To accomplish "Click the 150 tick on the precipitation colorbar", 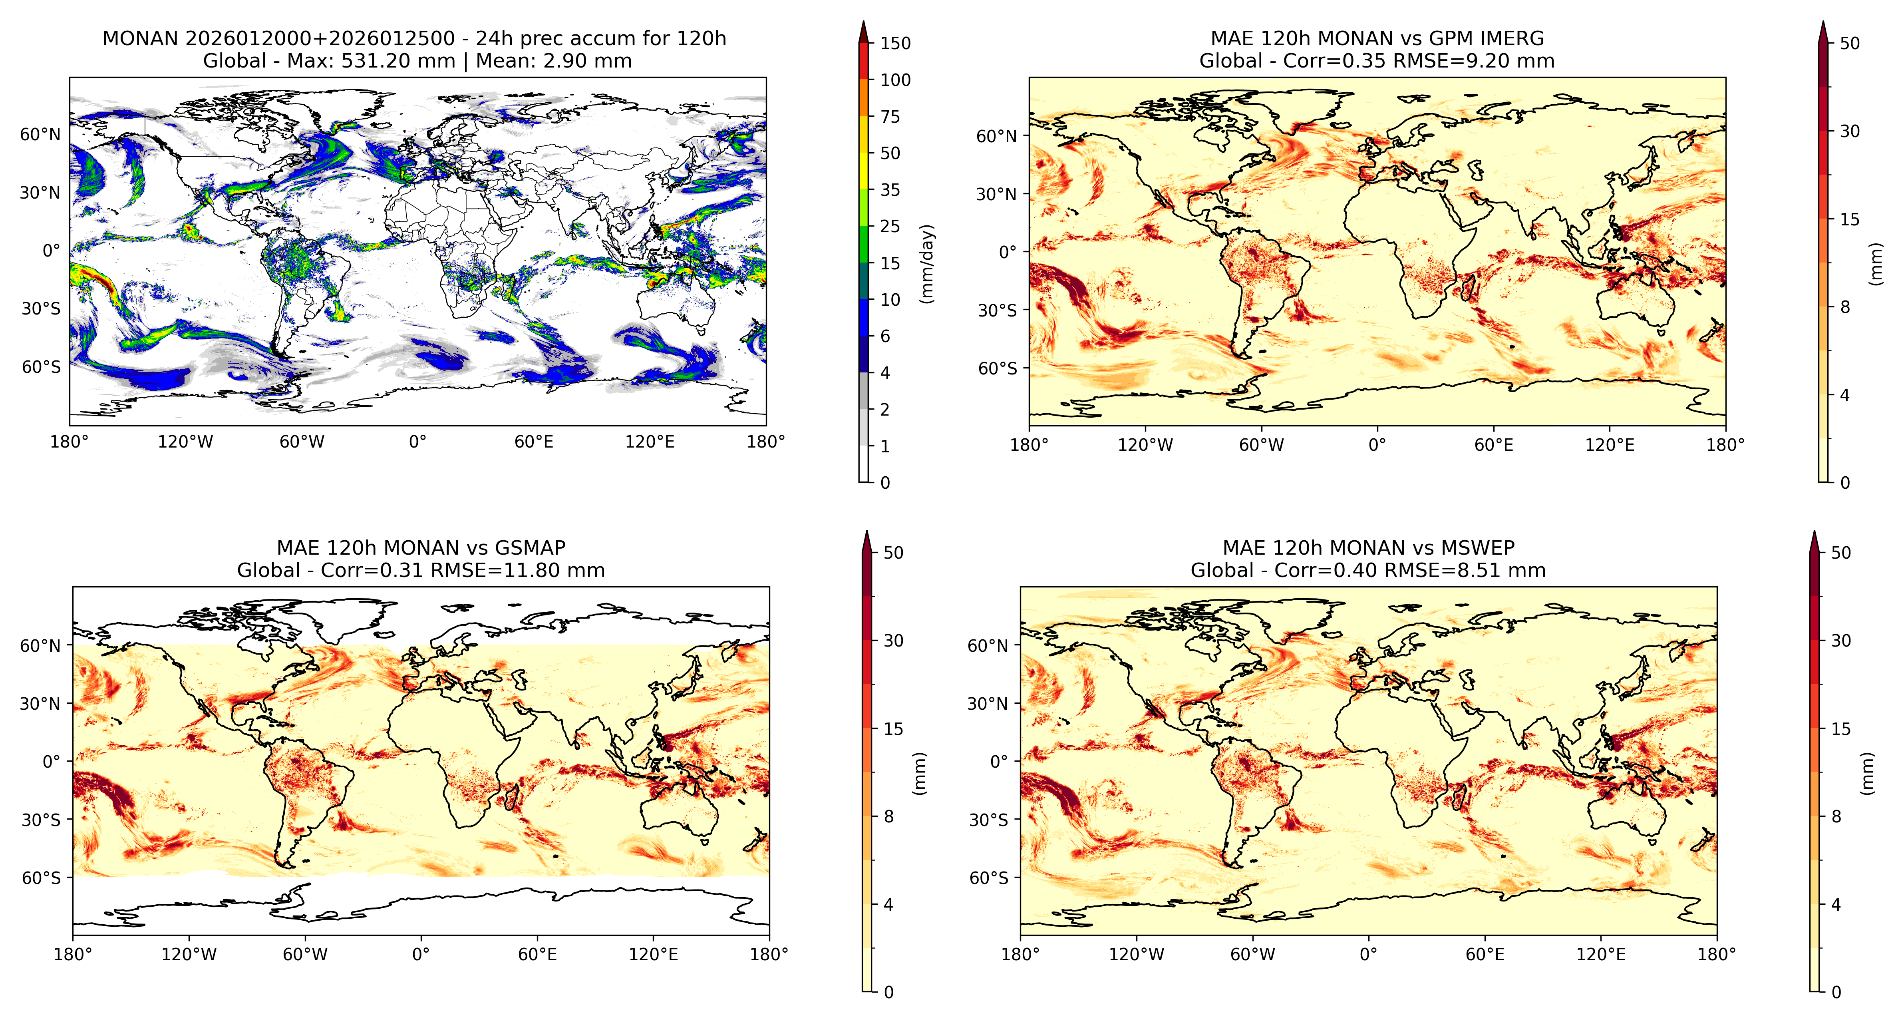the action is tap(895, 43).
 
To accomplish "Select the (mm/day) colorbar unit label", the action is tap(927, 263).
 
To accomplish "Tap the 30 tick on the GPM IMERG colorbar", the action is tap(1849, 131).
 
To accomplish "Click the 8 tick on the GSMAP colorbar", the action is tap(888, 816).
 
